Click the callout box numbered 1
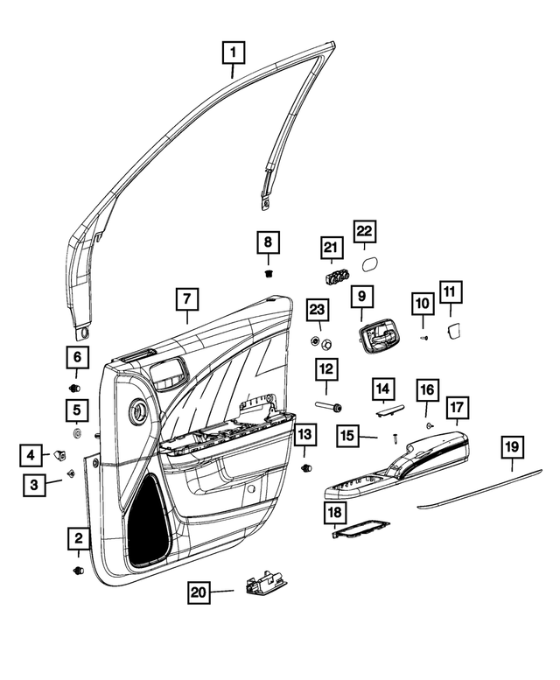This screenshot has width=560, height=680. coord(233,53)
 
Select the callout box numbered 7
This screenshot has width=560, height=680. coord(186,299)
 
